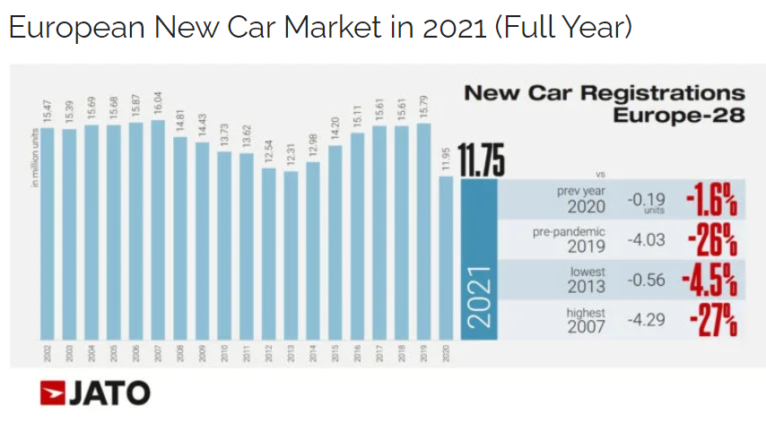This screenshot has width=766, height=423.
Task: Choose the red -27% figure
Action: pyautogui.click(x=712, y=321)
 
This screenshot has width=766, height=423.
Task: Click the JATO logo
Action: pyautogui.click(x=95, y=393)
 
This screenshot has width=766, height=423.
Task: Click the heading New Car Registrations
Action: pyautogui.click(x=604, y=93)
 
